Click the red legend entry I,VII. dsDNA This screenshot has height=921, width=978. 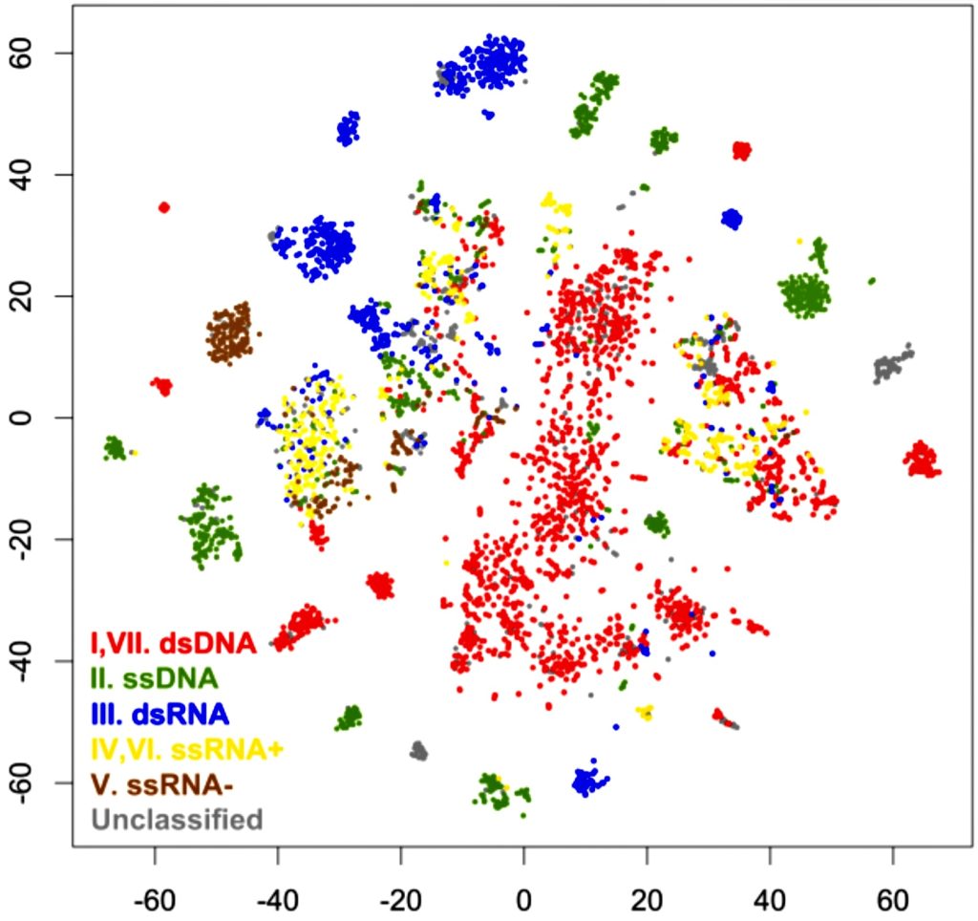(173, 642)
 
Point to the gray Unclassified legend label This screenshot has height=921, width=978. (176, 819)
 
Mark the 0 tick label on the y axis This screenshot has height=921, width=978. (42, 418)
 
